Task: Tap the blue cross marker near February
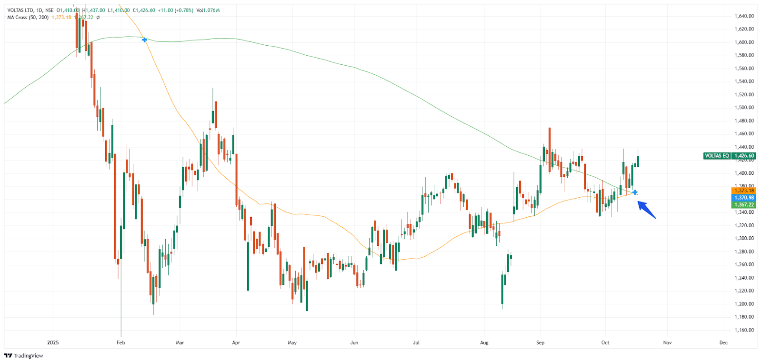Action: click(144, 40)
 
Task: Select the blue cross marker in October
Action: click(635, 192)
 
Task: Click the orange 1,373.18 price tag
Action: click(744, 191)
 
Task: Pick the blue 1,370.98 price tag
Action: click(744, 198)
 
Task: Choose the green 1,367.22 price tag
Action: click(744, 205)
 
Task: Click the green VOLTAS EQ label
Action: click(717, 156)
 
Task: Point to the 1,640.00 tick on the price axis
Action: click(744, 16)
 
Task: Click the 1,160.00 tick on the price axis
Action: click(744, 330)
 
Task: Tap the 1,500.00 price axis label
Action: click(744, 108)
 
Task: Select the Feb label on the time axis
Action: click(121, 343)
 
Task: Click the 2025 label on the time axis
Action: click(53, 343)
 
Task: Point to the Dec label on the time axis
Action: click(723, 343)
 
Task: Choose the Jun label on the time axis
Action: click(354, 343)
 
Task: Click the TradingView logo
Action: click(24, 356)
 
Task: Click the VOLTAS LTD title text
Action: click(20, 10)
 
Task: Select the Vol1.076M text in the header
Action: click(208, 10)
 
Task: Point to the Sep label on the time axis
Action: click(540, 343)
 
